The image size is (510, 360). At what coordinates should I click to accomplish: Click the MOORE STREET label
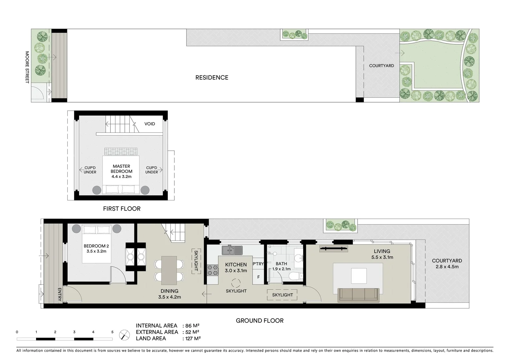27,67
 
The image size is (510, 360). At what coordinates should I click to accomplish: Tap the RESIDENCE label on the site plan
212,78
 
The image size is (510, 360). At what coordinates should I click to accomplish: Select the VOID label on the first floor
149,124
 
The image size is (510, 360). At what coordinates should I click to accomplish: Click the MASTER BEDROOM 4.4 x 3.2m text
121,171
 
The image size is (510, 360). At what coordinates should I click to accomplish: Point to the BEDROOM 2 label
96,249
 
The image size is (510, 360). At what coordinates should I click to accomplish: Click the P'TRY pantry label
258,264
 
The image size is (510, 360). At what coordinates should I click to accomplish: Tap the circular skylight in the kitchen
236,283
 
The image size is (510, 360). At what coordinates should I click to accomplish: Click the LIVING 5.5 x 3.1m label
382,254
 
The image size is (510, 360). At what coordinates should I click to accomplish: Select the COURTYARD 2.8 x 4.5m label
447,264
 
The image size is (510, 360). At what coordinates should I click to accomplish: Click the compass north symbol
124,335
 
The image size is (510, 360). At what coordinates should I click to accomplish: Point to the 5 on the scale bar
112,332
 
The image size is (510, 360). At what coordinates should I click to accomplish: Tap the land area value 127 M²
192,338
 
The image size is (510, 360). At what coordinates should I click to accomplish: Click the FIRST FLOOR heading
122,209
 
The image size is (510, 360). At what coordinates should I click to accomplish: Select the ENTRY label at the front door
60,294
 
